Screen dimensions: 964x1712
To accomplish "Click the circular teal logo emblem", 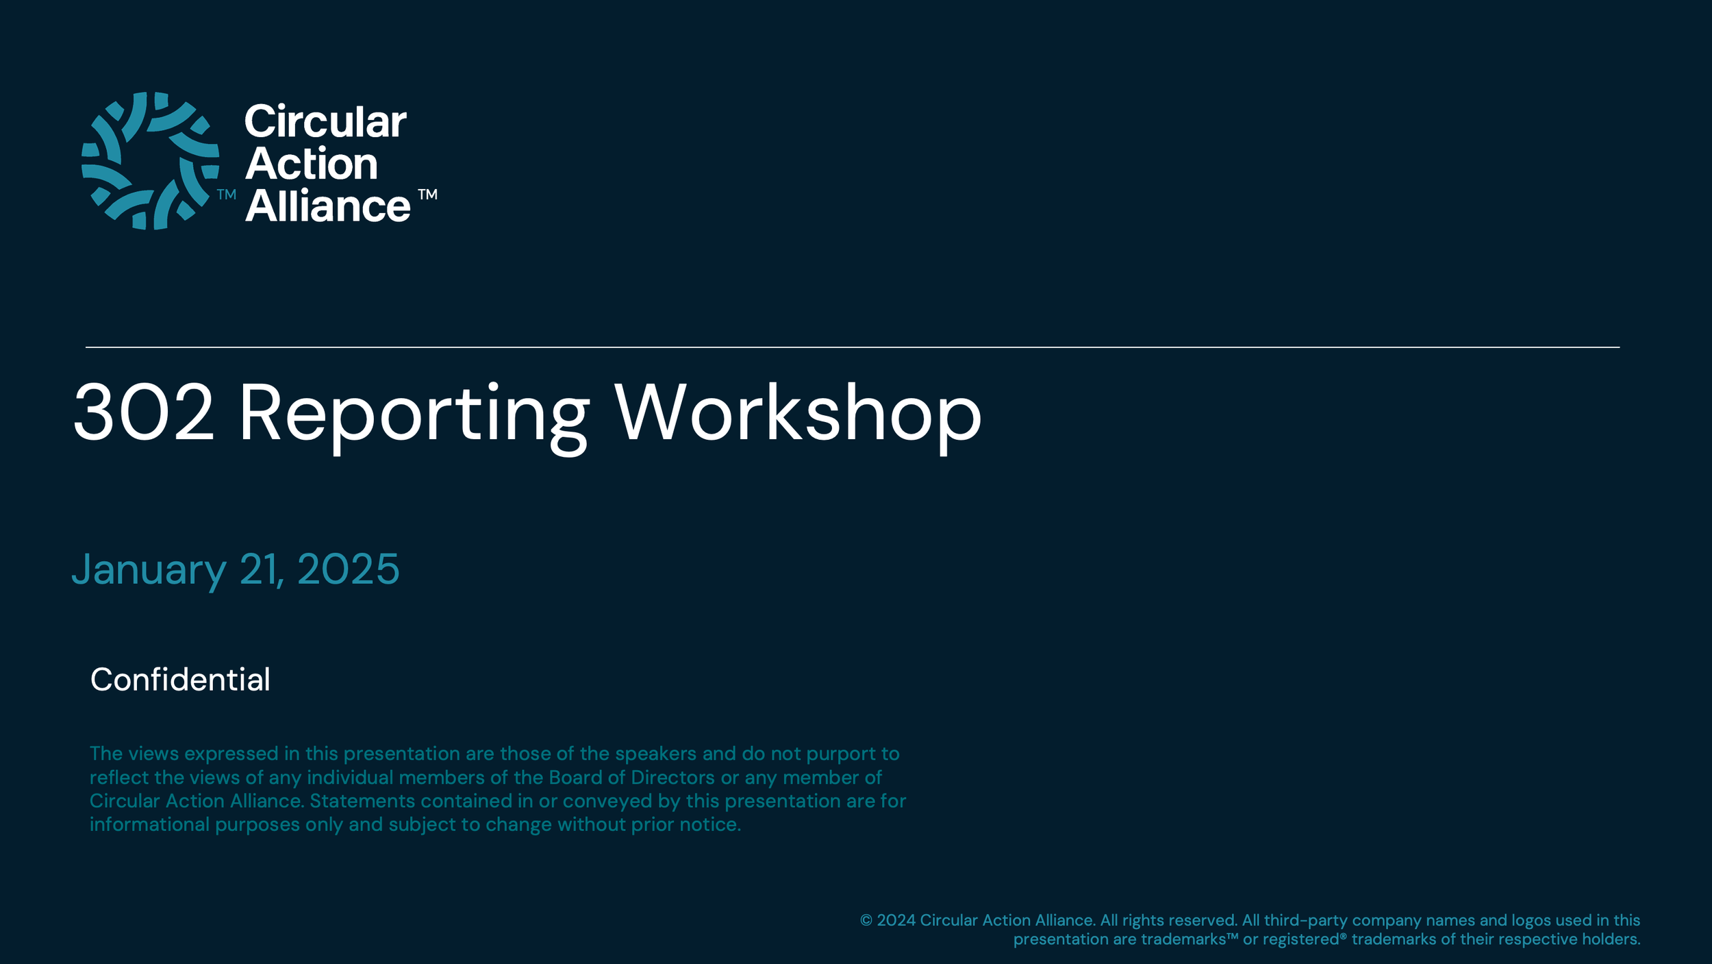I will click(151, 160).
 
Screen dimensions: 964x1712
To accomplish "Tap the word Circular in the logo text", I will click(325, 122).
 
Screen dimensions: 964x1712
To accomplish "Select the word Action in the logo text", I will click(312, 164).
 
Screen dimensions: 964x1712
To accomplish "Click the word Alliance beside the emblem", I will click(328, 206).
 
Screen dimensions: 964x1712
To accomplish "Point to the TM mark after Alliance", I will click(428, 195).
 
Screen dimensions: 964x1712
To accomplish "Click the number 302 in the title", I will click(144, 412).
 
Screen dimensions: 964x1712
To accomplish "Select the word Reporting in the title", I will click(414, 414).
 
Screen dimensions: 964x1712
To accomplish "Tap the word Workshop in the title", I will click(798, 414).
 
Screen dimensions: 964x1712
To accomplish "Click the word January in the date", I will click(149, 569).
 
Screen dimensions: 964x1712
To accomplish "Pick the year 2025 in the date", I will click(348, 569).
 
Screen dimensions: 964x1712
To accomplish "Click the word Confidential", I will click(180, 680).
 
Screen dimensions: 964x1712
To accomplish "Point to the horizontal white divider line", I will click(853, 347).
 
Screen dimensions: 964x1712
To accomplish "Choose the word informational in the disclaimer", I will click(149, 824).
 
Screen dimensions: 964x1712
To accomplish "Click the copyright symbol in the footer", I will click(866, 921).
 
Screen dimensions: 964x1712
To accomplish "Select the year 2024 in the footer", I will click(896, 920).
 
